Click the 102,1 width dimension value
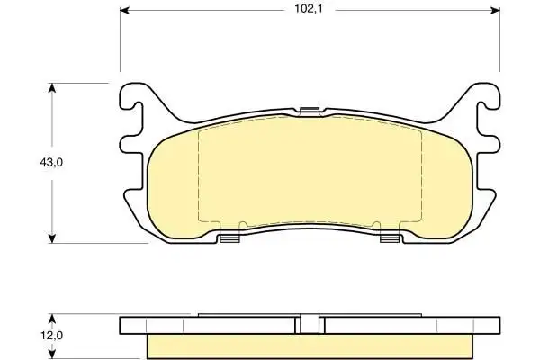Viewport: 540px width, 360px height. tap(308, 9)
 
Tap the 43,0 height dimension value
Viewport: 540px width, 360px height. tap(51, 162)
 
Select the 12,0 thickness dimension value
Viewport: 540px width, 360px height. tap(51, 335)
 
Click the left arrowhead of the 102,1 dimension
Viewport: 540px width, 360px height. tap(124, 10)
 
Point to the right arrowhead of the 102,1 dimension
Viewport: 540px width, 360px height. tap(495, 10)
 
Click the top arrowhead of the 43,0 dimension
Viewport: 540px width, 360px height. tap(51, 87)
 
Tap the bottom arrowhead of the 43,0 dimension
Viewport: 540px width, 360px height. tap(51, 238)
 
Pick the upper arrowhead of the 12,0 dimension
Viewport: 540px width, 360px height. tap(51, 318)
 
